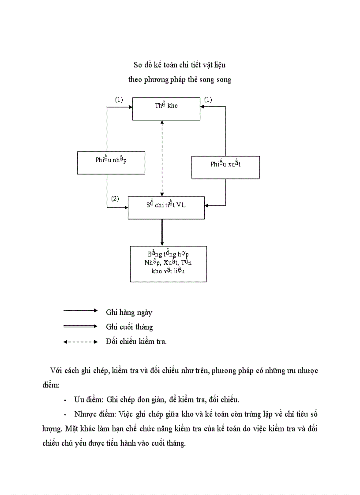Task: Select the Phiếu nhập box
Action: click(111, 163)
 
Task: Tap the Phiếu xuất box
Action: click(225, 167)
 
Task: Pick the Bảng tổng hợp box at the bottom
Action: click(168, 264)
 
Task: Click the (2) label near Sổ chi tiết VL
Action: click(115, 198)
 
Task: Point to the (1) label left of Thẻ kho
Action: click(119, 100)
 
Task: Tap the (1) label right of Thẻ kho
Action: click(208, 100)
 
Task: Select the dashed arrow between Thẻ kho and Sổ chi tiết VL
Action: click(162, 158)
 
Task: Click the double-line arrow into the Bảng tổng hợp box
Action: click(162, 232)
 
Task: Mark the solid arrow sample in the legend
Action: click(80, 310)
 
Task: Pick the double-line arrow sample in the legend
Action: click(80, 326)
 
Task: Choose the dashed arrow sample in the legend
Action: click(80, 342)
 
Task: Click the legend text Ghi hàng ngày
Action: click(129, 312)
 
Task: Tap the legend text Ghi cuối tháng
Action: click(129, 327)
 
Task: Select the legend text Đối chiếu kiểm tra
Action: click(136, 341)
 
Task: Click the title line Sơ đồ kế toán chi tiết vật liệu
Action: click(180, 65)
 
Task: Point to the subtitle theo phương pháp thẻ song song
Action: click(180, 79)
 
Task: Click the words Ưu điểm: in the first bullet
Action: click(89, 399)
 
